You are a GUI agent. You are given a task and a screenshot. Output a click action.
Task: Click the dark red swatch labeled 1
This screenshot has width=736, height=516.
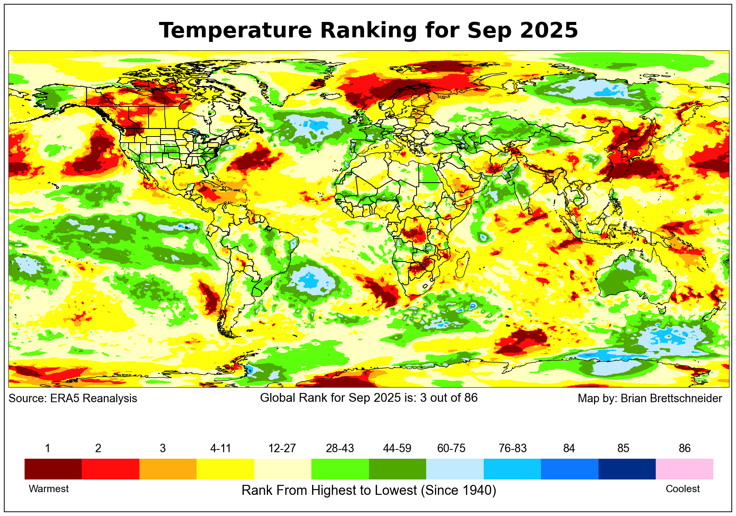point(53,469)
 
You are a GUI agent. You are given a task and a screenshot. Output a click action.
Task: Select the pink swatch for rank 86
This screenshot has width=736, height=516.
point(684,469)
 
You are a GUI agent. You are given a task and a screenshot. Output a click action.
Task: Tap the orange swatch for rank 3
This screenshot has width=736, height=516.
point(168,469)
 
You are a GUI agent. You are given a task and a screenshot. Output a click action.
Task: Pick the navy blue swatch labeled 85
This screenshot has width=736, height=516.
point(627,469)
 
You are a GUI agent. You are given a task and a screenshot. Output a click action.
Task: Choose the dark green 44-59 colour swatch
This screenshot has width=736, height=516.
point(397,469)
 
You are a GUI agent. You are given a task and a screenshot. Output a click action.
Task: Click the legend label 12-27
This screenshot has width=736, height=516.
point(282,448)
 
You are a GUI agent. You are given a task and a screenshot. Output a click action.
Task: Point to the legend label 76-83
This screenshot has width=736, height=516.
point(513,448)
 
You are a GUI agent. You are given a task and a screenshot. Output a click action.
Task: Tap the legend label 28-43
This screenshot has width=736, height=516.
point(340,448)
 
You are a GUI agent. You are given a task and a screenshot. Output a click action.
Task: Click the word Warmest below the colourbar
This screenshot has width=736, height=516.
point(49,489)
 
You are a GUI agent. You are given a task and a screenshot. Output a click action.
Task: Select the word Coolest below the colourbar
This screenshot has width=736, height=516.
point(682,489)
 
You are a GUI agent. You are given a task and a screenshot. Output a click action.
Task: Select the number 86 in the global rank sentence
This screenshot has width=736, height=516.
point(471,398)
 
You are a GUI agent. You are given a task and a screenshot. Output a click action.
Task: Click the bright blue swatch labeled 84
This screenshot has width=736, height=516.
point(569,469)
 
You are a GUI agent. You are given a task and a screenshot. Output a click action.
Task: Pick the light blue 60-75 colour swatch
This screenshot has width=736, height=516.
point(455,469)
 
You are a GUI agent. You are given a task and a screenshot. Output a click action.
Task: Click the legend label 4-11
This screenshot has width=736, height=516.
point(220,448)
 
